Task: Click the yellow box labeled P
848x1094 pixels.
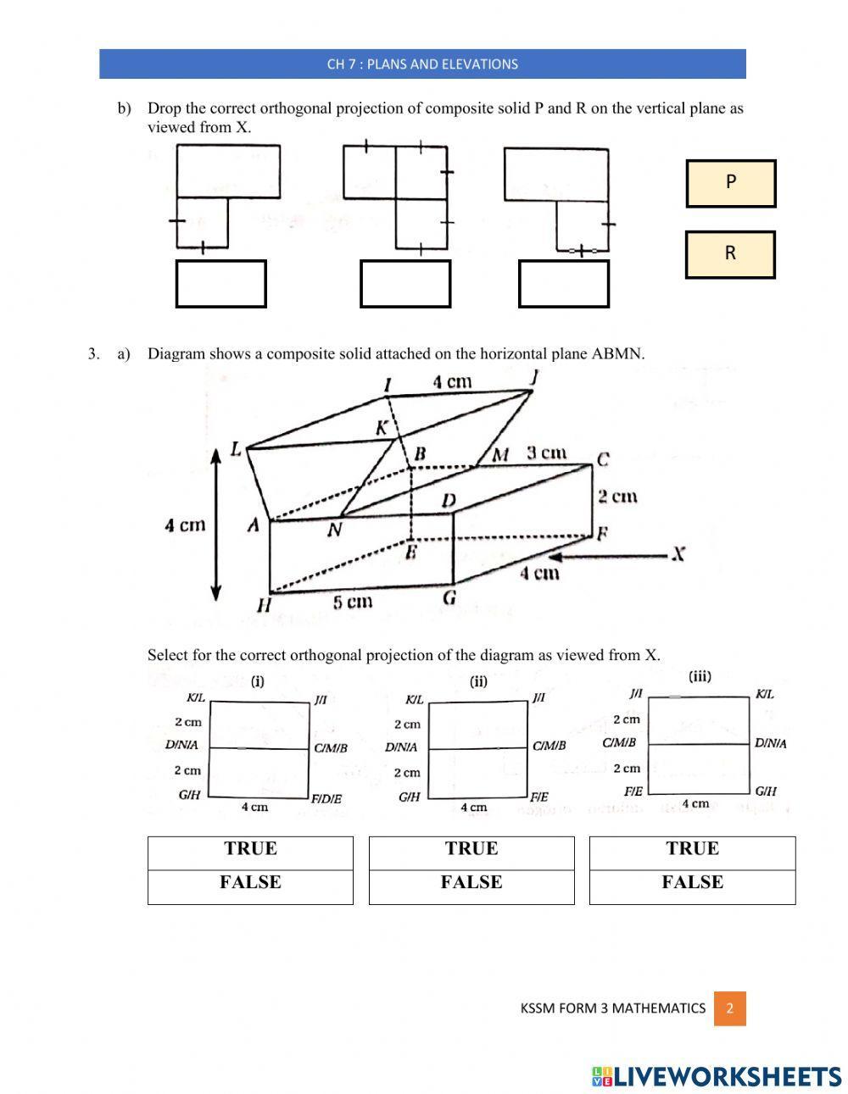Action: [730, 183]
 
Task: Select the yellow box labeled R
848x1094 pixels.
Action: [730, 254]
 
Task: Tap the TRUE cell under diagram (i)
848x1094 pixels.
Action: [250, 849]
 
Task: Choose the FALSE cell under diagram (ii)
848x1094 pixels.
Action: [471, 883]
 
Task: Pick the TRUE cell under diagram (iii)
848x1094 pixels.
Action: [692, 849]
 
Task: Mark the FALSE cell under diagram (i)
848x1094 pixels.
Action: [250, 883]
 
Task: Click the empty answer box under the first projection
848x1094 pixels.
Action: [220, 284]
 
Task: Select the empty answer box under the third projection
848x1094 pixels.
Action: [563, 284]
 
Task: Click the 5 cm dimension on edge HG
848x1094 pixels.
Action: [352, 603]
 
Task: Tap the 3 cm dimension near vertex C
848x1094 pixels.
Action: [546, 453]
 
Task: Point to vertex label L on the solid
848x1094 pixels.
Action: [237, 450]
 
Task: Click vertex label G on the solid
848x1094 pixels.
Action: [449, 598]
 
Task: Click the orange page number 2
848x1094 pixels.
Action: [729, 1008]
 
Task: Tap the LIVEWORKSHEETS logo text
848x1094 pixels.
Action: [717, 1076]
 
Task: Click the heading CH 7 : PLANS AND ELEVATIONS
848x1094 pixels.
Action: [422, 64]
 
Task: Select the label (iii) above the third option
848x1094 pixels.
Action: [700, 676]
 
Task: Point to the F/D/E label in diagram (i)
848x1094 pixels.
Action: [326, 799]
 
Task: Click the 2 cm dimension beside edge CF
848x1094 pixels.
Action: [616, 497]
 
